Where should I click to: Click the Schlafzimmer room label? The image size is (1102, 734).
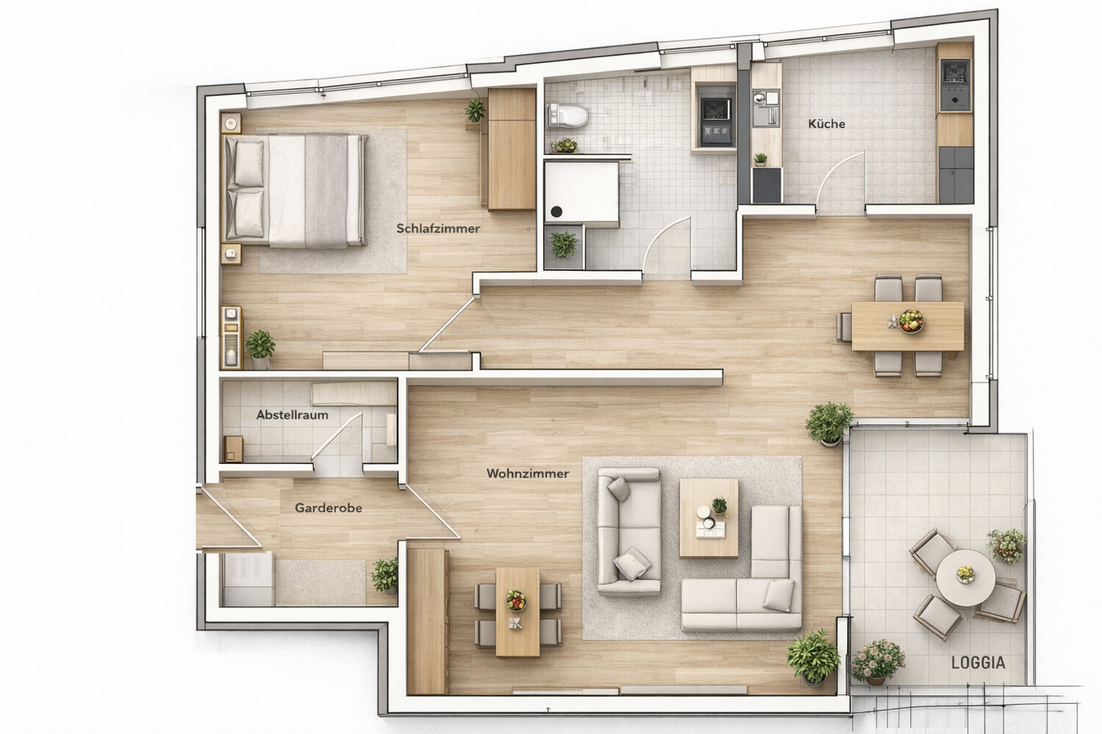(438, 228)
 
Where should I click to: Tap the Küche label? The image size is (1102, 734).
(826, 124)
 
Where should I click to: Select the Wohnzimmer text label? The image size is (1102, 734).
(527, 473)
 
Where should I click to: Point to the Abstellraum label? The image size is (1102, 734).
(292, 415)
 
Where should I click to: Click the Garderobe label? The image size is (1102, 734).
(328, 507)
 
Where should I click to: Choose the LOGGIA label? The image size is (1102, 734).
(978, 662)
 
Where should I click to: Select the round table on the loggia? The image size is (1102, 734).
(965, 576)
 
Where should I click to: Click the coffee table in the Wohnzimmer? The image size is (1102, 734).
(709, 517)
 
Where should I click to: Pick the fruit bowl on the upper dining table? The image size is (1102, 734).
(911, 319)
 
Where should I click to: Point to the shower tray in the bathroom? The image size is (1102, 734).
(580, 191)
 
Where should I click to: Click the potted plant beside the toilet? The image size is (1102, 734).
(564, 145)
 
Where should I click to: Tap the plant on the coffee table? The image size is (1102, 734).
(719, 506)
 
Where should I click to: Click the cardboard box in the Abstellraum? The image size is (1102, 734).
(234, 448)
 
